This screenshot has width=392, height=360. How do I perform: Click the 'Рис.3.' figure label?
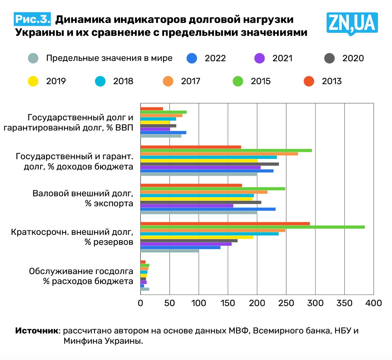click(x=32, y=19)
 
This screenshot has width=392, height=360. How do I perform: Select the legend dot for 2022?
click(x=192, y=58)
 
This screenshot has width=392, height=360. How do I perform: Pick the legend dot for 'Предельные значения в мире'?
click(x=33, y=58)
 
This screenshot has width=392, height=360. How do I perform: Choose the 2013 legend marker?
click(x=309, y=81)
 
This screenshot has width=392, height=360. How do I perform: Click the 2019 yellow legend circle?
click(x=33, y=81)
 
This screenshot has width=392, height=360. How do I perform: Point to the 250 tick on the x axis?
click(x=286, y=303)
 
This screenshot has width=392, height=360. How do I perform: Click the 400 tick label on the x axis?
click(x=374, y=303)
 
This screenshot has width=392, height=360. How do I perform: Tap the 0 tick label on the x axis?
click(x=141, y=303)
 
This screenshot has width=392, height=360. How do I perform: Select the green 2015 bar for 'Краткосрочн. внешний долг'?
click(x=252, y=227)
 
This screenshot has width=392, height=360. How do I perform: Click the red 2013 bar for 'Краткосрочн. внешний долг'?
click(x=225, y=223)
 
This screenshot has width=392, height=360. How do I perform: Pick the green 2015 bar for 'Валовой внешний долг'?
click(x=213, y=189)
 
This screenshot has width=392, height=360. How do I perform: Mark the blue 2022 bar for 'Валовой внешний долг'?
click(x=208, y=209)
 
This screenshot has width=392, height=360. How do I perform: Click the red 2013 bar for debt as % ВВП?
click(x=152, y=109)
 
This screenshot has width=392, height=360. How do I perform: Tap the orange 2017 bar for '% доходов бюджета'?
click(x=219, y=154)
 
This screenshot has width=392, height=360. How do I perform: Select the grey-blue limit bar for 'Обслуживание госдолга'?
click(x=145, y=289)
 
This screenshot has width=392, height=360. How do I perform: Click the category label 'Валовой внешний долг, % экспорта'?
click(x=83, y=198)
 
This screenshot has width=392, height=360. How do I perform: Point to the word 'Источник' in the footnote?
click(x=37, y=331)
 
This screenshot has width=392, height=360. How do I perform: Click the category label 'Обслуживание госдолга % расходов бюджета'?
click(x=81, y=276)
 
